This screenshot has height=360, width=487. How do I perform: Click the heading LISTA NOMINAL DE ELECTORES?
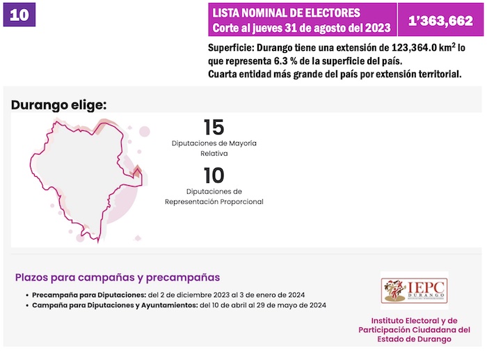click(286, 13)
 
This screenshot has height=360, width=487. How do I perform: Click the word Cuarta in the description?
click(223, 75)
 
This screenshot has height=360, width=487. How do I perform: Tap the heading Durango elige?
click(59, 105)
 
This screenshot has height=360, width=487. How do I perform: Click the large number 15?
click(214, 127)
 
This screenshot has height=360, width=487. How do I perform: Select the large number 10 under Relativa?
click(214, 175)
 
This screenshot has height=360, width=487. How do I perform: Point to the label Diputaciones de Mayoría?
click(214, 143)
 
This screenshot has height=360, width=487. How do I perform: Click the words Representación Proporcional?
click(214, 202)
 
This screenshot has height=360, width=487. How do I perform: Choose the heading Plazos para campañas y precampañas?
click(118, 277)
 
